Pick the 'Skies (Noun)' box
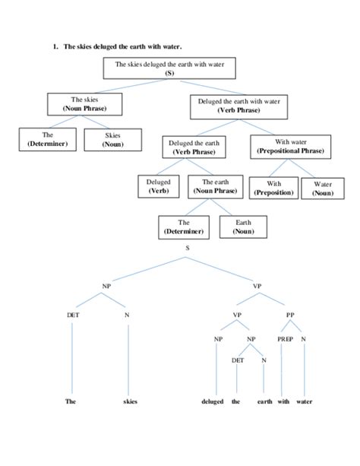[x=113, y=140]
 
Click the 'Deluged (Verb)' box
[x=158, y=187]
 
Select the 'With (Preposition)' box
[x=271, y=187]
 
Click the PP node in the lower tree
[x=291, y=314]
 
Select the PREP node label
[x=284, y=338]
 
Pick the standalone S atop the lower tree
[x=187, y=249]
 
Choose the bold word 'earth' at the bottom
[x=264, y=401]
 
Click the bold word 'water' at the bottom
[x=304, y=401]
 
